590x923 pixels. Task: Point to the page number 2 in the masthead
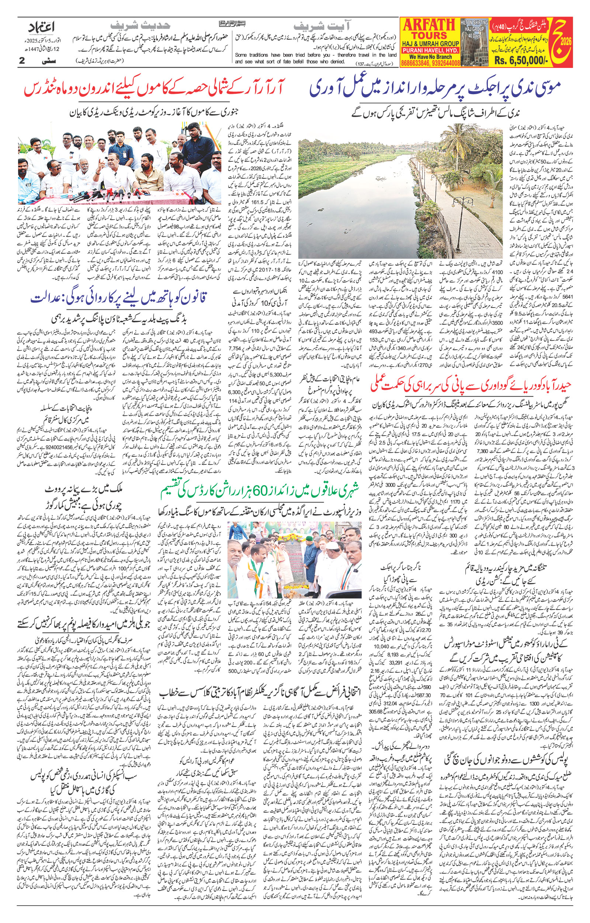click(x=22, y=60)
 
